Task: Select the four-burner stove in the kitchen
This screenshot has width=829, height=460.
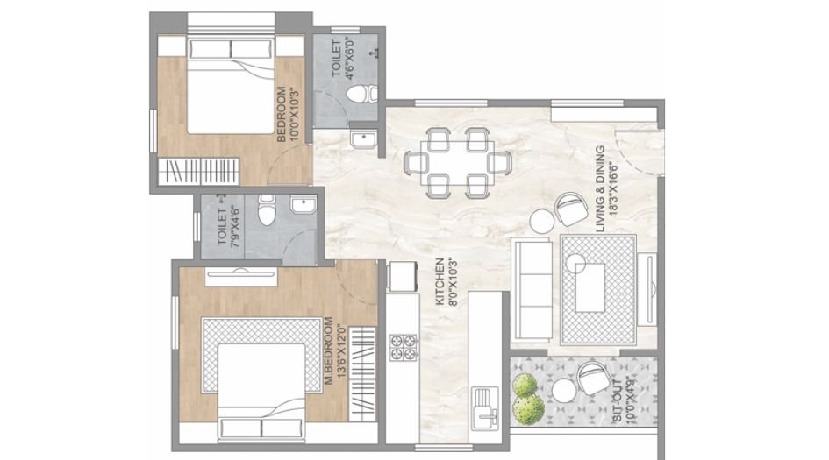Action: point(403,346)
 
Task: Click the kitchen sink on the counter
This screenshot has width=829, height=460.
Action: point(484,404)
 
